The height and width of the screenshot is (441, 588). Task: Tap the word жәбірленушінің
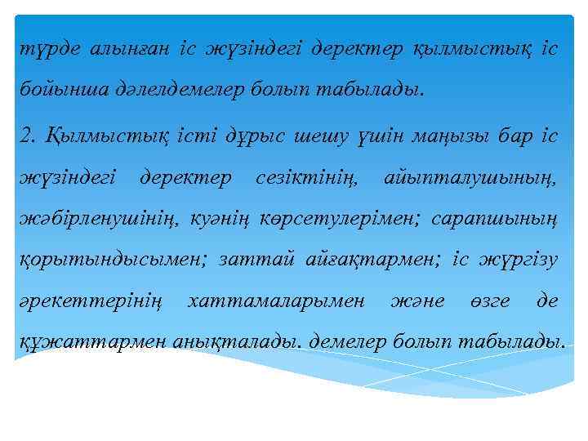(x=102, y=218)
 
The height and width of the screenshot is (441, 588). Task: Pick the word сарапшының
(x=495, y=218)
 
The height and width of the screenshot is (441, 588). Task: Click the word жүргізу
(x=520, y=261)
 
